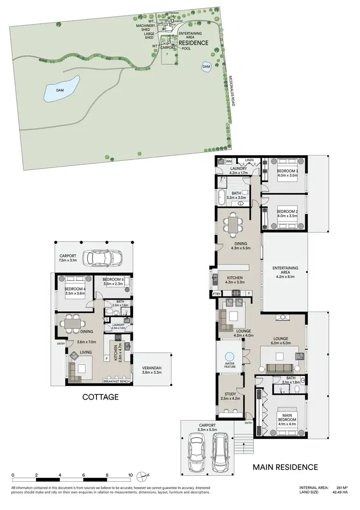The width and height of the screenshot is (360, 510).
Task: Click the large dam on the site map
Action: tap(61, 89)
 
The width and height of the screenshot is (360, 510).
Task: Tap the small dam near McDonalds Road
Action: tap(206, 66)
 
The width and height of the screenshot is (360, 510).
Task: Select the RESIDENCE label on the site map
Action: tap(193, 43)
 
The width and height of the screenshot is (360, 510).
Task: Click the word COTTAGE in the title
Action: tap(100, 397)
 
